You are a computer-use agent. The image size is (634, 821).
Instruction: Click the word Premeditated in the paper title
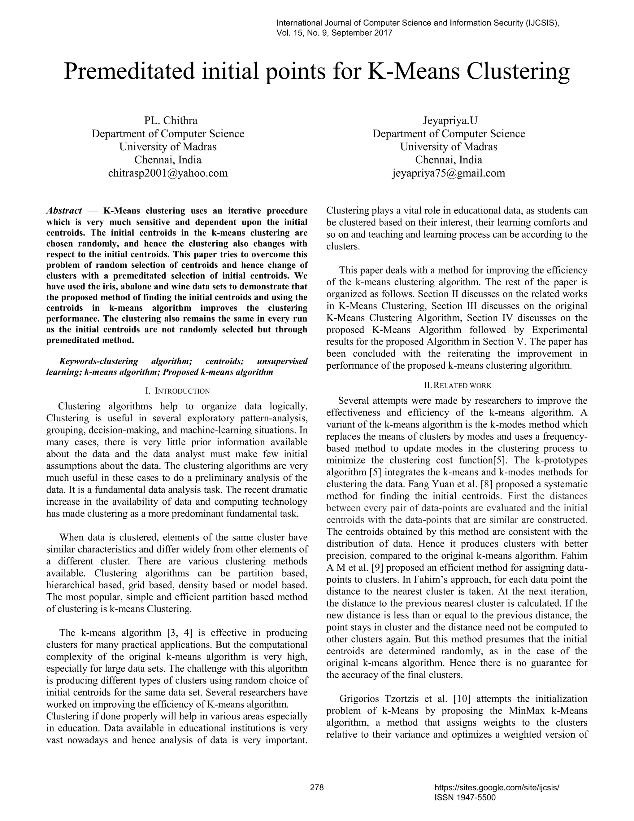pos(130,72)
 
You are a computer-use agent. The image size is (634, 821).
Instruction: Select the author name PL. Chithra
pos(171,121)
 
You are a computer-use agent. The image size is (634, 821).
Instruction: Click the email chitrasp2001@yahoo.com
pos(168,173)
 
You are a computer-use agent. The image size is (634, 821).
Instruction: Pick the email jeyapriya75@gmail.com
pos(449,173)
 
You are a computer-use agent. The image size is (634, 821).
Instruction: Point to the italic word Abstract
pos(64,210)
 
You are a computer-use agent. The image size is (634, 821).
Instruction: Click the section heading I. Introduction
pos(177,391)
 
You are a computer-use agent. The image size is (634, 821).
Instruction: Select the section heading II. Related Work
pos(458,385)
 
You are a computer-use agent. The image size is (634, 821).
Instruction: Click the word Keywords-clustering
pos(99,361)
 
